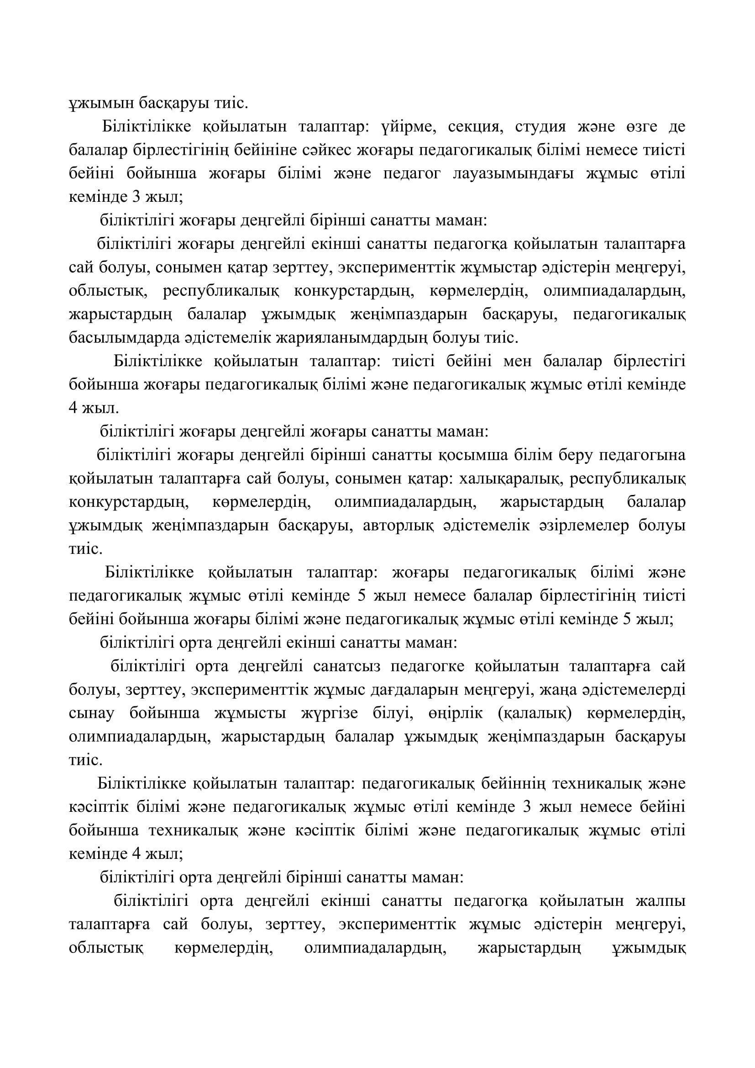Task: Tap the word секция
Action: click(x=475, y=126)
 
